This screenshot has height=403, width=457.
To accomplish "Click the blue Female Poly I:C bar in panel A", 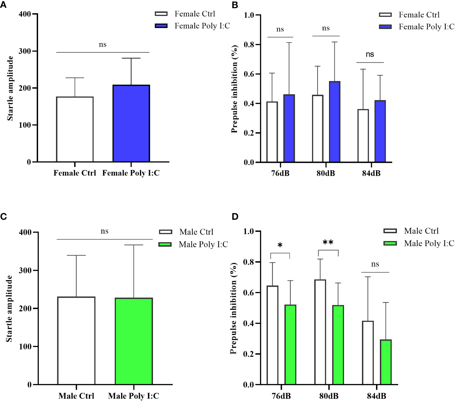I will [131, 123].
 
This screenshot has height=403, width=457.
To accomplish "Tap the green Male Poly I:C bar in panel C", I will [134, 341].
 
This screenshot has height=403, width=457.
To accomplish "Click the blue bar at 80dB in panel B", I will [335, 122].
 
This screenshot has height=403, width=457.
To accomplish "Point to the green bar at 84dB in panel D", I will [386, 362].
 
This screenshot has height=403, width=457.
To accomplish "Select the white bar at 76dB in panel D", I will [272, 335].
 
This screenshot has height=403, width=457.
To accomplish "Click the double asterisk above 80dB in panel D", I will [328, 243].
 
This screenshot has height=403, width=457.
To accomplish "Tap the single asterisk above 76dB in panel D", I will [280, 246].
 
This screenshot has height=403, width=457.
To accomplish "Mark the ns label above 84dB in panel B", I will [370, 54].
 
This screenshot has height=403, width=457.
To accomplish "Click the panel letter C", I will [4, 217].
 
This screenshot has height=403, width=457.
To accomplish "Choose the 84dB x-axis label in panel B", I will [371, 173].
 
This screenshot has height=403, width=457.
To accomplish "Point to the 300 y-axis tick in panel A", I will [25, 51].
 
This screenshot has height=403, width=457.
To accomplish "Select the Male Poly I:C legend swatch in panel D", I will [390, 243].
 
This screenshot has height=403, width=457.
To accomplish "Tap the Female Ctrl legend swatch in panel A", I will [161, 14].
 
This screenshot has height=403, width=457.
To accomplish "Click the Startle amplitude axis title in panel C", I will [9, 308].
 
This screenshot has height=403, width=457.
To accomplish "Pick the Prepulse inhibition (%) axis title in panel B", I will [235, 89].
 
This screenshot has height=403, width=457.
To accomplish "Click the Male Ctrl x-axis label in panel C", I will [76, 396].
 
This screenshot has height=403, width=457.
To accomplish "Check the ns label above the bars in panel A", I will [102, 45].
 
